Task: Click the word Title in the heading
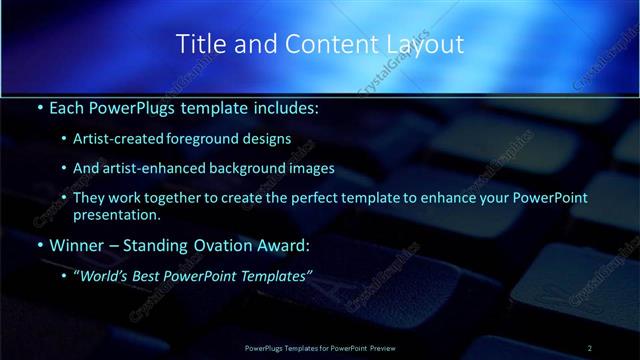(x=200, y=44)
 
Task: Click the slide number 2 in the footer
(x=590, y=347)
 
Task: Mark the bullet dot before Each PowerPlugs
(x=39, y=108)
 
